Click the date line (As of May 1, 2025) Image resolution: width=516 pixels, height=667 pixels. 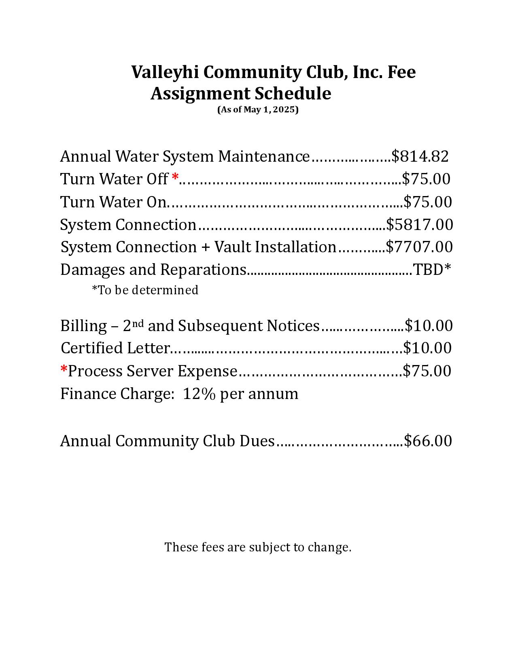(258, 110)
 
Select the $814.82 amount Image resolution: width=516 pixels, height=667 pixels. (420, 156)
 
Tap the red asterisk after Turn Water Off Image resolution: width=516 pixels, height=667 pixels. (175, 177)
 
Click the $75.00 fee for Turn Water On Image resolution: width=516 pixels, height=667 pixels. (428, 202)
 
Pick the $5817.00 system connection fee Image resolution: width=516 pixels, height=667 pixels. (420, 225)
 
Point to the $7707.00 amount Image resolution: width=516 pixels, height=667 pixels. (419, 247)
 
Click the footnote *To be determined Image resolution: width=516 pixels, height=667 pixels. (145, 290)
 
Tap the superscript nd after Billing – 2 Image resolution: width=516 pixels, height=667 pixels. (138, 323)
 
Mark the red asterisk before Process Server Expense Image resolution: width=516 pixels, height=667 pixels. (64, 369)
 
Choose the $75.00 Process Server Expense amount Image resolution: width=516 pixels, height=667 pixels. (427, 371)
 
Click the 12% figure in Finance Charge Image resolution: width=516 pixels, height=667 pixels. (199, 394)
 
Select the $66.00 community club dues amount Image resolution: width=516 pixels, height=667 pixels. (428, 441)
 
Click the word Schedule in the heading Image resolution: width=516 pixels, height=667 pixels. (292, 94)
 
